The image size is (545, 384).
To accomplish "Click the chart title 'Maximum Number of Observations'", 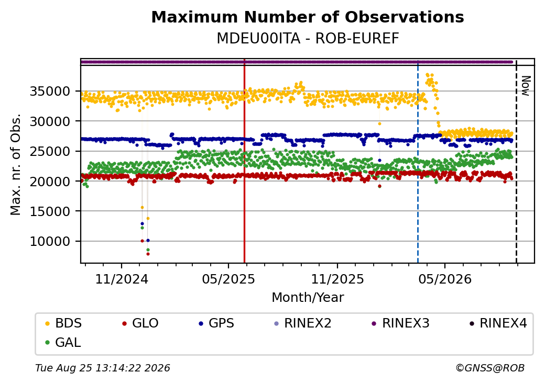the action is [x=308, y=17].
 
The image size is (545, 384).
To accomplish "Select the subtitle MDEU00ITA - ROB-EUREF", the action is [x=308, y=39].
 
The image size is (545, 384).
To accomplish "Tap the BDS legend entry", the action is [x=63, y=323].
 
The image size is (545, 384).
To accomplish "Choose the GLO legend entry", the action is [x=140, y=323].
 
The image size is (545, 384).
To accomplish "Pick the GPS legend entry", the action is [x=216, y=323].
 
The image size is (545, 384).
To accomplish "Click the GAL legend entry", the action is [x=63, y=342].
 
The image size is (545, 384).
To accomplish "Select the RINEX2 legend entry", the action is [x=303, y=323].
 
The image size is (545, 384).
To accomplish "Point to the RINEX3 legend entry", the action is [x=401, y=323].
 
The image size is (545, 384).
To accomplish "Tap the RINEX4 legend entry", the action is [x=498, y=323].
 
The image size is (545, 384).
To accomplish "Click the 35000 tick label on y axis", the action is [x=50, y=92].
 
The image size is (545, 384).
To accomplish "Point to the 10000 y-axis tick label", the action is [x=50, y=241].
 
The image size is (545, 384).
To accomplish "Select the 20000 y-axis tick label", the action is [x=50, y=182].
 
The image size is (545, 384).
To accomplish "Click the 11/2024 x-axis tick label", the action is [x=122, y=279].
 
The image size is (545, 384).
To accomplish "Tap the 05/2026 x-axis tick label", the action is [x=445, y=279].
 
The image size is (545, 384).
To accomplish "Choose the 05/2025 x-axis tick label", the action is [x=228, y=279].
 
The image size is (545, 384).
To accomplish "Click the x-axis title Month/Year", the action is [x=308, y=298].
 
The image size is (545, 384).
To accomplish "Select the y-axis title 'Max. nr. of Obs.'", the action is [x=16, y=164].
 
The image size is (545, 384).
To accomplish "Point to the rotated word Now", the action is [x=526, y=86].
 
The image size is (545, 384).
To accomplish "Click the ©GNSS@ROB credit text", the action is [x=490, y=368].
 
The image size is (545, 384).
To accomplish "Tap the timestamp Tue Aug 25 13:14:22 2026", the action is [x=103, y=368].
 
